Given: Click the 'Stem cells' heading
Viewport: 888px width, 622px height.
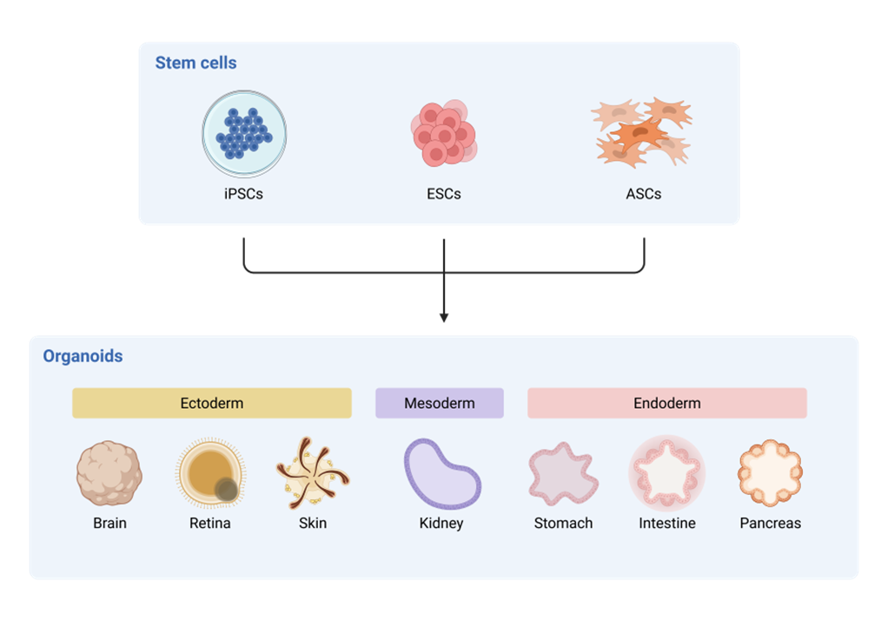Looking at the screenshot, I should [195, 63].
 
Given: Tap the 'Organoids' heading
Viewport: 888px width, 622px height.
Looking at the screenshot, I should [83, 356].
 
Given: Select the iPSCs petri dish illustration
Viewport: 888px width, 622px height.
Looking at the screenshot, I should [244, 134].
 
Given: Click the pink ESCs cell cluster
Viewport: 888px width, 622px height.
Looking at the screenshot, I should [444, 133].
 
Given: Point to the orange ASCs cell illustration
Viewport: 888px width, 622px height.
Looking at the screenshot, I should [642, 131].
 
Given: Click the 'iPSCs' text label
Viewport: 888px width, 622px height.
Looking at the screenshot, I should [243, 194].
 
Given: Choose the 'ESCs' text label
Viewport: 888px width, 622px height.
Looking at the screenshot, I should [444, 194].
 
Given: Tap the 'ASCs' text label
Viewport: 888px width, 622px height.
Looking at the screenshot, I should [643, 194].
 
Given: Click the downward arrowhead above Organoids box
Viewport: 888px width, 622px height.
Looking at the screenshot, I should [444, 318].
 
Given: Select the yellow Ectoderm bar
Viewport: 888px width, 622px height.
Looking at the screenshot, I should [212, 403].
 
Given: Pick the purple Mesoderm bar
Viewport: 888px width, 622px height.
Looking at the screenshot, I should [440, 403].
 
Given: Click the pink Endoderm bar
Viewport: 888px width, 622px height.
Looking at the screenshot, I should [667, 403].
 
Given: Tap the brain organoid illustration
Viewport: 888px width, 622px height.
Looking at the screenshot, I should [109, 473].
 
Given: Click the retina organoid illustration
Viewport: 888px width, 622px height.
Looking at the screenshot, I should [211, 473].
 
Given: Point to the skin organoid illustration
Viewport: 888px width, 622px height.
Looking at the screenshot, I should [313, 473].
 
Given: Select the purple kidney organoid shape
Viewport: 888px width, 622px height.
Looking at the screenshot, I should [441, 473].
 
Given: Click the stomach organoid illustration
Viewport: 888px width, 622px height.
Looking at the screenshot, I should [563, 473].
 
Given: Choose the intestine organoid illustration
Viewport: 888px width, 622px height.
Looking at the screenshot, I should [667, 473].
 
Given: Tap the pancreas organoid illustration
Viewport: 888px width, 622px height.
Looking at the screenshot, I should [770, 473].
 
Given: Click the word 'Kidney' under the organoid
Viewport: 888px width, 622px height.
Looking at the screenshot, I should [441, 524].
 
